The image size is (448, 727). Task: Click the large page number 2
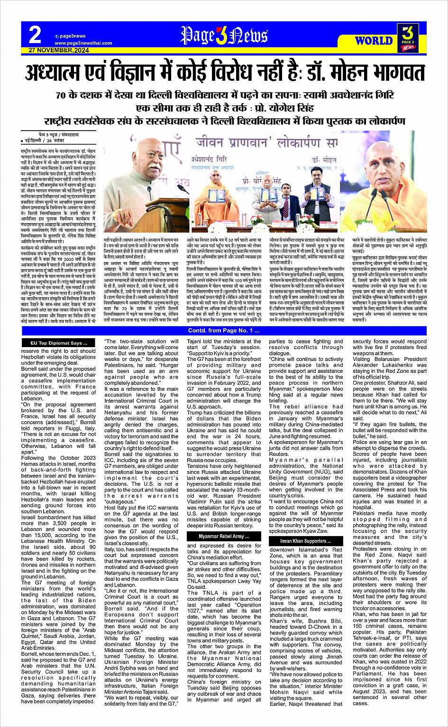coord(35,35)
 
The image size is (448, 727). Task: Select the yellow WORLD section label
coord(374,41)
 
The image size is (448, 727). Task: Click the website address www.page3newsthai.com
coord(83,43)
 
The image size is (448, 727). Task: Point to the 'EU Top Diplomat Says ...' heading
coord(59,343)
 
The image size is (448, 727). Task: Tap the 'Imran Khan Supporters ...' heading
coord(305,541)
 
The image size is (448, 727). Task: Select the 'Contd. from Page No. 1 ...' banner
coord(224,330)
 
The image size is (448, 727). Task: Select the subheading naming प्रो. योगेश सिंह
coord(224,107)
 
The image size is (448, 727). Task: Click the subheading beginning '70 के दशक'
coord(224,94)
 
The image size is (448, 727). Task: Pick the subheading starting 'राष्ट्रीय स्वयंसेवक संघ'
coord(224,121)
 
